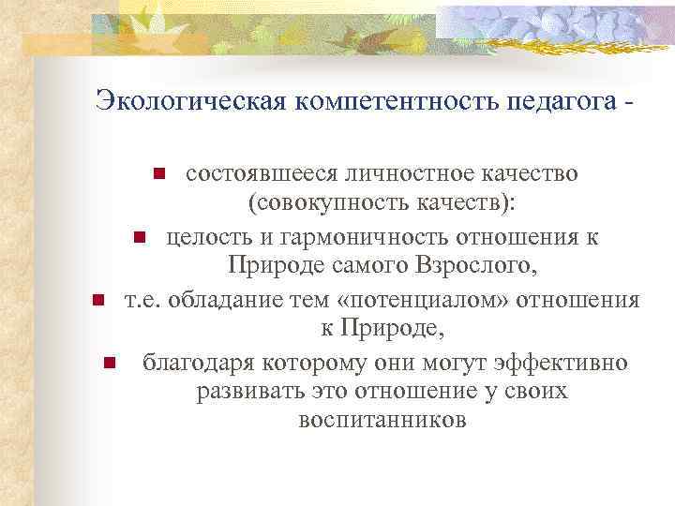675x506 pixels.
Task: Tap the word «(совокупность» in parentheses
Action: click(x=311, y=204)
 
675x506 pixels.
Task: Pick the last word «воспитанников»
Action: click(x=381, y=421)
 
